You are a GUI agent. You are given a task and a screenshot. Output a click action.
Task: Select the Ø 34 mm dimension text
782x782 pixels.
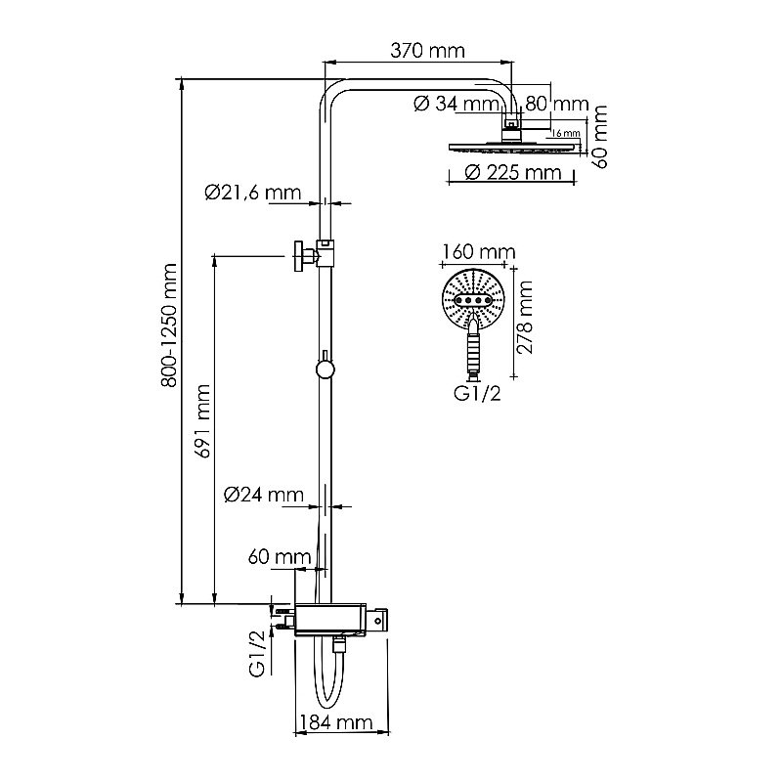click(x=456, y=104)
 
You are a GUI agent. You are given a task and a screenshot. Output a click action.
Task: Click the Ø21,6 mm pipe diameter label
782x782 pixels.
click(x=252, y=193)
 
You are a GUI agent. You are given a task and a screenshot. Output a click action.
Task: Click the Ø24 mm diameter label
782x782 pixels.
click(x=264, y=495)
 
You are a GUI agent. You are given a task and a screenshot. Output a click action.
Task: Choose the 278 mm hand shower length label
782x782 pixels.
click(x=527, y=318)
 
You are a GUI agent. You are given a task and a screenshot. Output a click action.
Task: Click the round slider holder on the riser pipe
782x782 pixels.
click(x=325, y=369)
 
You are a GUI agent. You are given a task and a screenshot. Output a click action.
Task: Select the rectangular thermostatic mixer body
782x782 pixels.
click(x=332, y=619)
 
